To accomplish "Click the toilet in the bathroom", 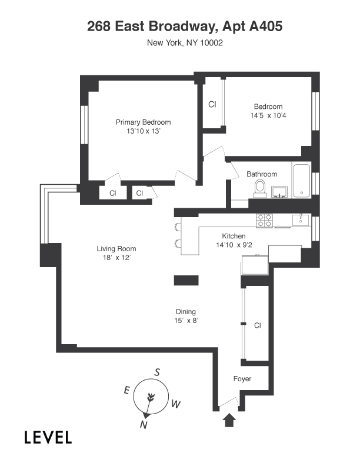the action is point(260,188).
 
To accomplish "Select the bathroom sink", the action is point(279,191).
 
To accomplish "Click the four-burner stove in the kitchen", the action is point(264,221).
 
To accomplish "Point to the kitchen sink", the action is point(301,220).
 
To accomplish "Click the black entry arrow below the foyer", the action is point(229,421).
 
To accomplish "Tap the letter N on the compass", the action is point(144,425).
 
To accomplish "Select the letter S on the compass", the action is point(157,372).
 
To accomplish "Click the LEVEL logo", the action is point(48,437).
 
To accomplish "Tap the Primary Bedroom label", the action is point(143,122).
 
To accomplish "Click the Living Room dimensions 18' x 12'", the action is point(116,257).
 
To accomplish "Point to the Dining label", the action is point(186,311).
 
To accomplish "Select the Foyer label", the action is point(242,379).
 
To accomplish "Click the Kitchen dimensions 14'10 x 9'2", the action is point(234,245).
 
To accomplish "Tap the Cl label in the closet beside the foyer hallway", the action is point(258,325).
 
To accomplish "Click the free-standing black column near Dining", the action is point(186,280).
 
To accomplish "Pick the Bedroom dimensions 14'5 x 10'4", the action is point(268,115).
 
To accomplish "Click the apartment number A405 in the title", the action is point(265,26).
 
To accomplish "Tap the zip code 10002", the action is point(212,43).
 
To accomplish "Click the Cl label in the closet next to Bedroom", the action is point(212,104).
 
